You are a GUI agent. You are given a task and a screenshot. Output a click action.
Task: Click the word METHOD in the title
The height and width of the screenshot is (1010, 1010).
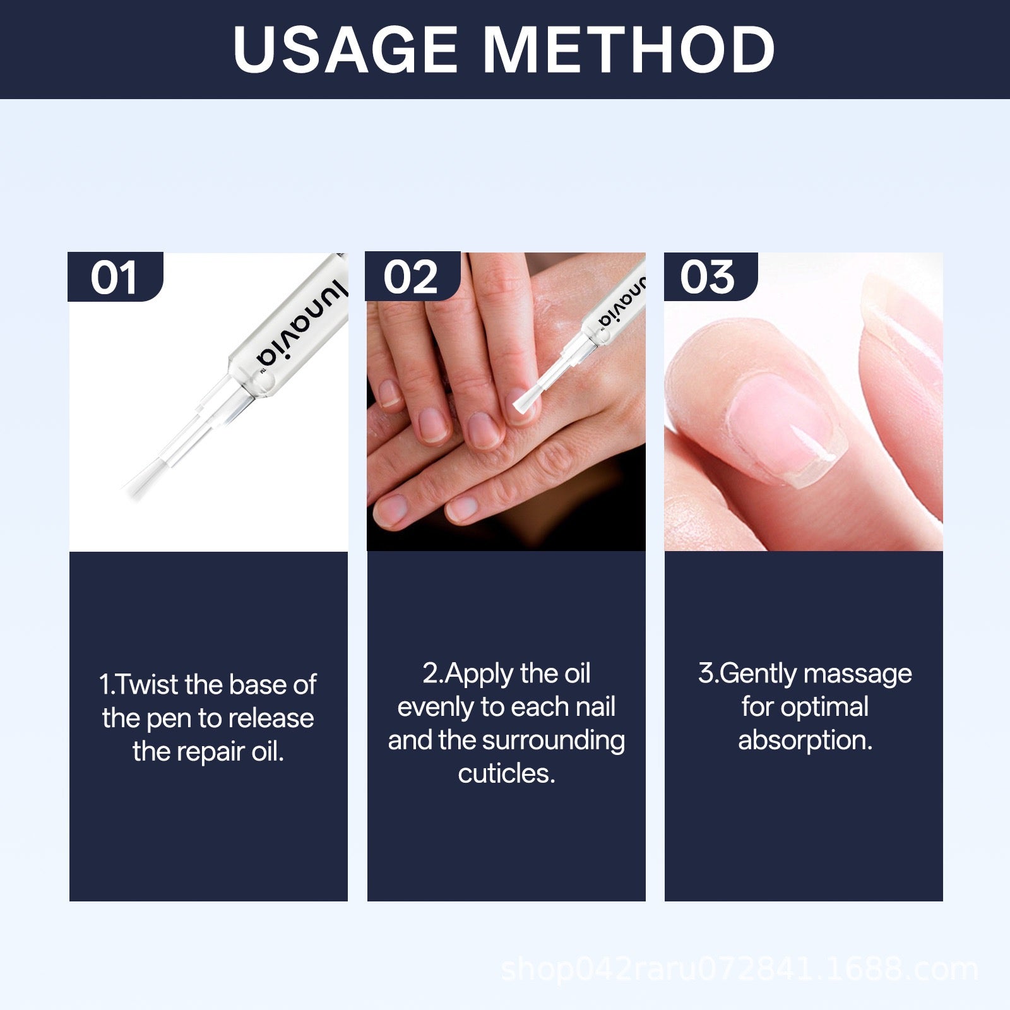click(629, 50)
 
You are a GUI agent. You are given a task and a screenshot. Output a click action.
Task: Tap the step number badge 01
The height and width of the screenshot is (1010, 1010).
click(114, 277)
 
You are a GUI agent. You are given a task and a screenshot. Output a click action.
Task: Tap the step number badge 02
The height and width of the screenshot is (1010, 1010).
click(412, 277)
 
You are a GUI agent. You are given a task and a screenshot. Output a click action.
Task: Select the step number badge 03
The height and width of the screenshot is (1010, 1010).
click(709, 277)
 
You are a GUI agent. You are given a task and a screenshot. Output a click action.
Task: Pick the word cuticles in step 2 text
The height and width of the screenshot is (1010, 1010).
click(506, 774)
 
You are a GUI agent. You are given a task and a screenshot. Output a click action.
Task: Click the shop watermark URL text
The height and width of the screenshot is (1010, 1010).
click(739, 969)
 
